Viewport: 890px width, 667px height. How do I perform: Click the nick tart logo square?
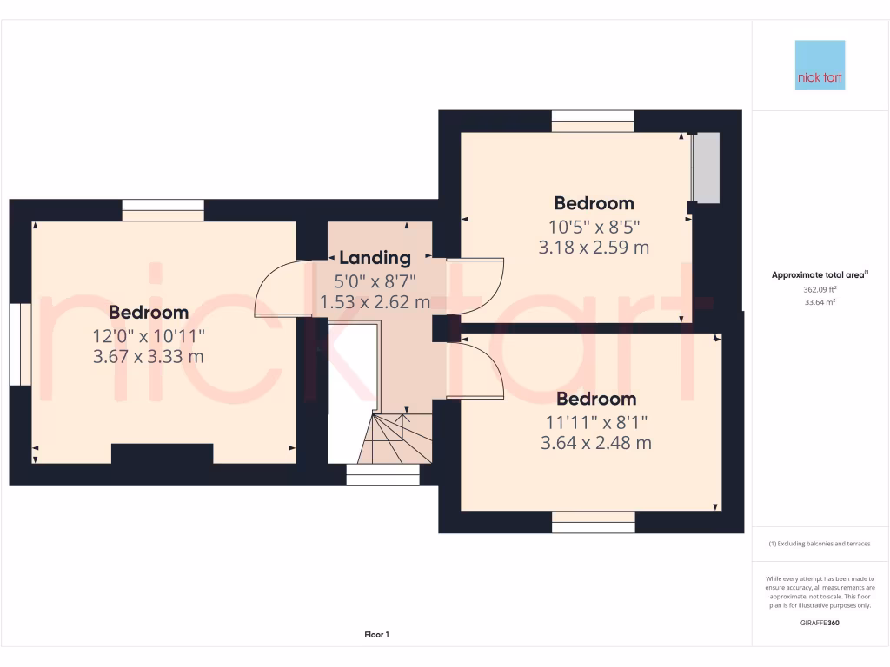point(820,65)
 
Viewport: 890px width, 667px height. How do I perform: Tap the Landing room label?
point(375,258)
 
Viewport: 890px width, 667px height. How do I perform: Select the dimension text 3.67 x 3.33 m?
point(149,356)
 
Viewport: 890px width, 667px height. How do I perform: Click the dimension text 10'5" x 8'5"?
point(594,226)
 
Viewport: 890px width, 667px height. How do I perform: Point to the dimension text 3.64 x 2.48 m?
point(595,443)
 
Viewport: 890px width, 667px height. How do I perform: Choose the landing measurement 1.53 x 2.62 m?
point(375,302)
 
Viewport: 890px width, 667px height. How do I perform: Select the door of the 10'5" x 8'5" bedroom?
point(478,287)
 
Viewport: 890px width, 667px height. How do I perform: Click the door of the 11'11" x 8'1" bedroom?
point(478,369)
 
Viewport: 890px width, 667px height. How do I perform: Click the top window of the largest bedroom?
point(163,209)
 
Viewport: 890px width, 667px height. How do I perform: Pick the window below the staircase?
point(382,475)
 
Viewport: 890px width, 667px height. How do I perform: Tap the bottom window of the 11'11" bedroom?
point(593,521)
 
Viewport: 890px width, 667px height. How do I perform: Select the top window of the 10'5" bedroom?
point(593,121)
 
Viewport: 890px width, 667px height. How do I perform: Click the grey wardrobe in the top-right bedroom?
point(707,168)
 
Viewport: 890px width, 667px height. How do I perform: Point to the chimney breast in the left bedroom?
point(163,454)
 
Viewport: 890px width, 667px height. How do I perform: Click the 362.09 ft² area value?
point(820,290)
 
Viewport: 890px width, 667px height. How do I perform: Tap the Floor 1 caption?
point(376,635)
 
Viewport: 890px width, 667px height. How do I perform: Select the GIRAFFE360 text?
point(820,623)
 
